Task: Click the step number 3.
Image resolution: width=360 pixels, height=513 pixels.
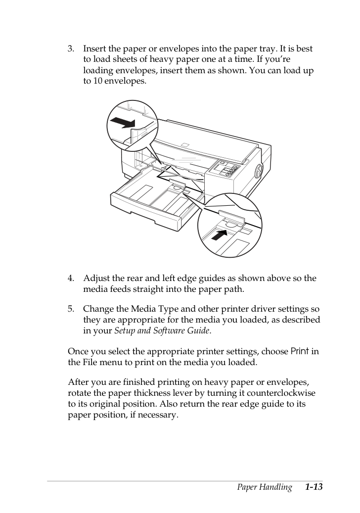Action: (71, 49)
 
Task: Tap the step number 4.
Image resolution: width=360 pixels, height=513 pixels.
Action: (71, 279)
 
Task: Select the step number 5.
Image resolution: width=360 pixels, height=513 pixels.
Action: (71, 309)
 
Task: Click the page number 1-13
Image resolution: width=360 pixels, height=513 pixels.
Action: (314, 487)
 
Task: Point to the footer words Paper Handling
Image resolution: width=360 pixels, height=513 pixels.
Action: (264, 487)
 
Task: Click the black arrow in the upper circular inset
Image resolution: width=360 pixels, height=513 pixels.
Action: (123, 123)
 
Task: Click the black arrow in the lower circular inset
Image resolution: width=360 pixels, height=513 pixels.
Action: (219, 234)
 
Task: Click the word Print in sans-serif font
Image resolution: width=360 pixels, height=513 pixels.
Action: (300, 351)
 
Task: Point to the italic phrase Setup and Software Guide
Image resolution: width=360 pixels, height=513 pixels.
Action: (162, 331)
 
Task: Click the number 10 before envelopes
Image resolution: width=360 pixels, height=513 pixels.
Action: (97, 81)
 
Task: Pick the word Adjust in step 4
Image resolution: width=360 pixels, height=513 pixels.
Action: (96, 279)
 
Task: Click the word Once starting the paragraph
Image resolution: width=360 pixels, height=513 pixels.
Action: (78, 352)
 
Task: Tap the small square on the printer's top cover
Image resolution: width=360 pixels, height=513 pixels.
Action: (185, 144)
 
